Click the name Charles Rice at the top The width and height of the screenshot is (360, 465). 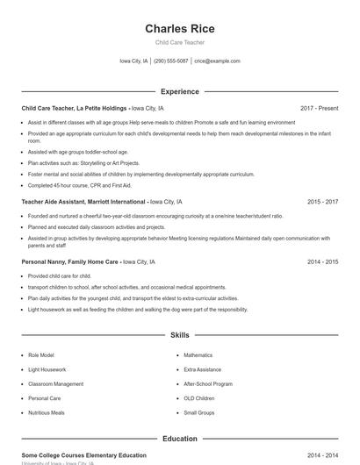click(x=179, y=29)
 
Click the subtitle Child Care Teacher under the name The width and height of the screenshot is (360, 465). click(x=179, y=42)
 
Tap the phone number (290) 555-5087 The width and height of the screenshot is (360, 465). click(x=171, y=61)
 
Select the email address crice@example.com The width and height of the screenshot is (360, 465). click(x=217, y=61)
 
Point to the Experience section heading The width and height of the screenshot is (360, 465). click(x=179, y=91)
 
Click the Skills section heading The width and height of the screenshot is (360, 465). click(x=179, y=335)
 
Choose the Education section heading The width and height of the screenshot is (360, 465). click(x=179, y=439)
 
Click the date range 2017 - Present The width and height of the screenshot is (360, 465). click(x=319, y=108)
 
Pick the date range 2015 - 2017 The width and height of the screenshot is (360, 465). click(x=322, y=202)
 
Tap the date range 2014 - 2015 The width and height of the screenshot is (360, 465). click(x=322, y=261)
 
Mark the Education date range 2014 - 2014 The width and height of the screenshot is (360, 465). click(x=322, y=455)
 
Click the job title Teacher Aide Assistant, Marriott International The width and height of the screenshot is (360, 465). click(x=83, y=202)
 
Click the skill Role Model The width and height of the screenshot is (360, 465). click(x=41, y=355)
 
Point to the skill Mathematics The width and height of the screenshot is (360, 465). click(x=198, y=355)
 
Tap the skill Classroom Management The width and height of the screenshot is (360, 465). click(x=56, y=383)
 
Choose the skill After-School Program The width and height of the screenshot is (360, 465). click(x=208, y=383)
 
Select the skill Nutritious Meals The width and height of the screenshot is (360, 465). click(x=47, y=412)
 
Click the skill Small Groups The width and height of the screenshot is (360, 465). click(x=198, y=412)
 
